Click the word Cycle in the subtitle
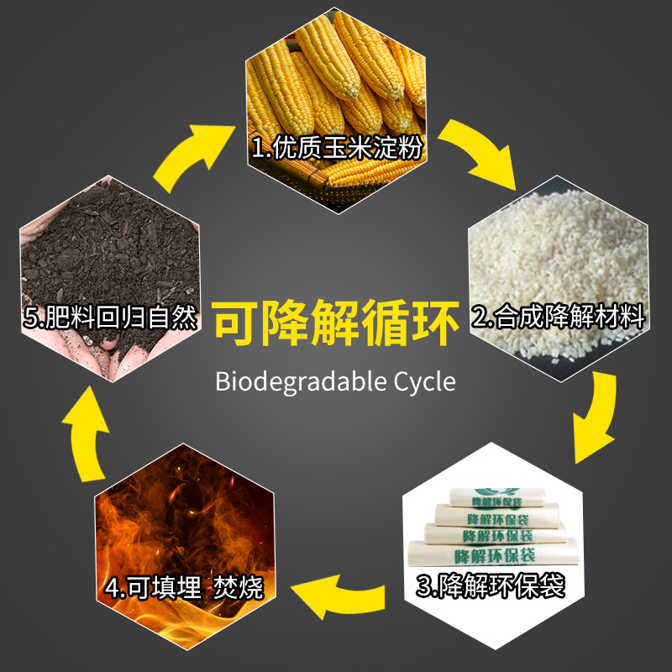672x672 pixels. pyautogui.click(x=424, y=382)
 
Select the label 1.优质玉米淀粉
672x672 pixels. pyautogui.click(x=336, y=149)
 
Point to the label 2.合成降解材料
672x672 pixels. pyautogui.click(x=559, y=318)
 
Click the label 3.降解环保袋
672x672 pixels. pyautogui.click(x=491, y=585)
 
